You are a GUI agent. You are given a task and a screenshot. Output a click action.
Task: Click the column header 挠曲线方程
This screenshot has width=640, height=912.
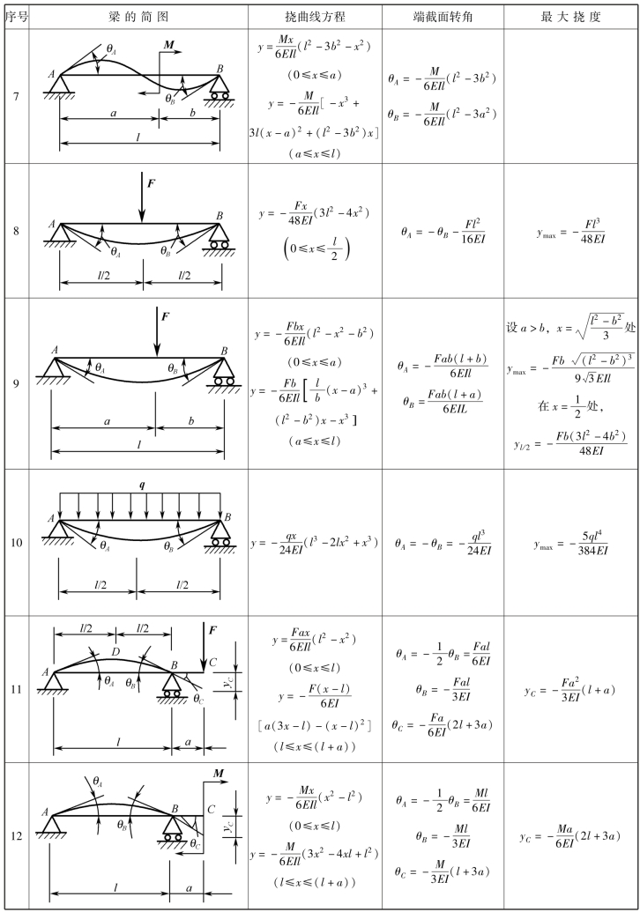316,17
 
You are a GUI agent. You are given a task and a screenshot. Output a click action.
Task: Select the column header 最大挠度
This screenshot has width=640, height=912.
570,17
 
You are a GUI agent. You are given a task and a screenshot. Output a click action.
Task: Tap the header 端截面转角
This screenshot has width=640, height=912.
443,17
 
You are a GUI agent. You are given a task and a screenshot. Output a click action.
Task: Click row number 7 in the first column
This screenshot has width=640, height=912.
16,96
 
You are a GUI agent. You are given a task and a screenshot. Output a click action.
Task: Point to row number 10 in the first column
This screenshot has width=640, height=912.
16,543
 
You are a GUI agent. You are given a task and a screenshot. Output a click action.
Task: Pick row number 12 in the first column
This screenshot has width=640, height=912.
16,836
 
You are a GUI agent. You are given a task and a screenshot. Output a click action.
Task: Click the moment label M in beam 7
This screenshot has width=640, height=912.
168,44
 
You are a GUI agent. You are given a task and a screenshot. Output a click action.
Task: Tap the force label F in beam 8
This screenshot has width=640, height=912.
152,183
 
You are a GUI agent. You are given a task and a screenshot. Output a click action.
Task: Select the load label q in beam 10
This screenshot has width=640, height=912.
142,486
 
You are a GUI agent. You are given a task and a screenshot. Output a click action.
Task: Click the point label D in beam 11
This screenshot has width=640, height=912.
115,653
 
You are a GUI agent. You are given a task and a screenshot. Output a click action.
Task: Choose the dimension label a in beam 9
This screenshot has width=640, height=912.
107,421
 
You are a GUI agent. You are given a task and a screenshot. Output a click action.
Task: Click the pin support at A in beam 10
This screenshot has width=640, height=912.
59,532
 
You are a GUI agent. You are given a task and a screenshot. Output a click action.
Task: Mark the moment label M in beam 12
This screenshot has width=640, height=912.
220,774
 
